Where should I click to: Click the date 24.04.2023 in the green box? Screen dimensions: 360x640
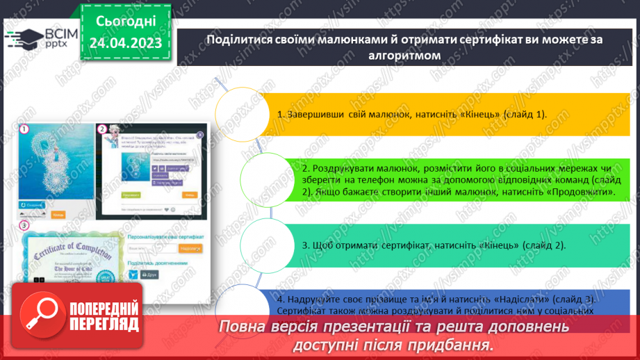click(x=124, y=44)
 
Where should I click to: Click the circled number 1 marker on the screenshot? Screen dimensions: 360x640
click(x=24, y=129)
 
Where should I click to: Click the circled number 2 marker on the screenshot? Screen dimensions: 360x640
click(x=102, y=129)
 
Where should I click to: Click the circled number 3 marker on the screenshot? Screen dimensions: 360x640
click(x=24, y=225)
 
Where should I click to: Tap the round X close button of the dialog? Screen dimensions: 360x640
click(x=200, y=134)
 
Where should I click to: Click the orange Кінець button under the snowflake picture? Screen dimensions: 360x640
click(x=58, y=215)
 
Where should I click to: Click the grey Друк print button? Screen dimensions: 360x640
click(x=151, y=275)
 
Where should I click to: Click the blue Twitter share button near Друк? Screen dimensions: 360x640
click(x=133, y=275)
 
